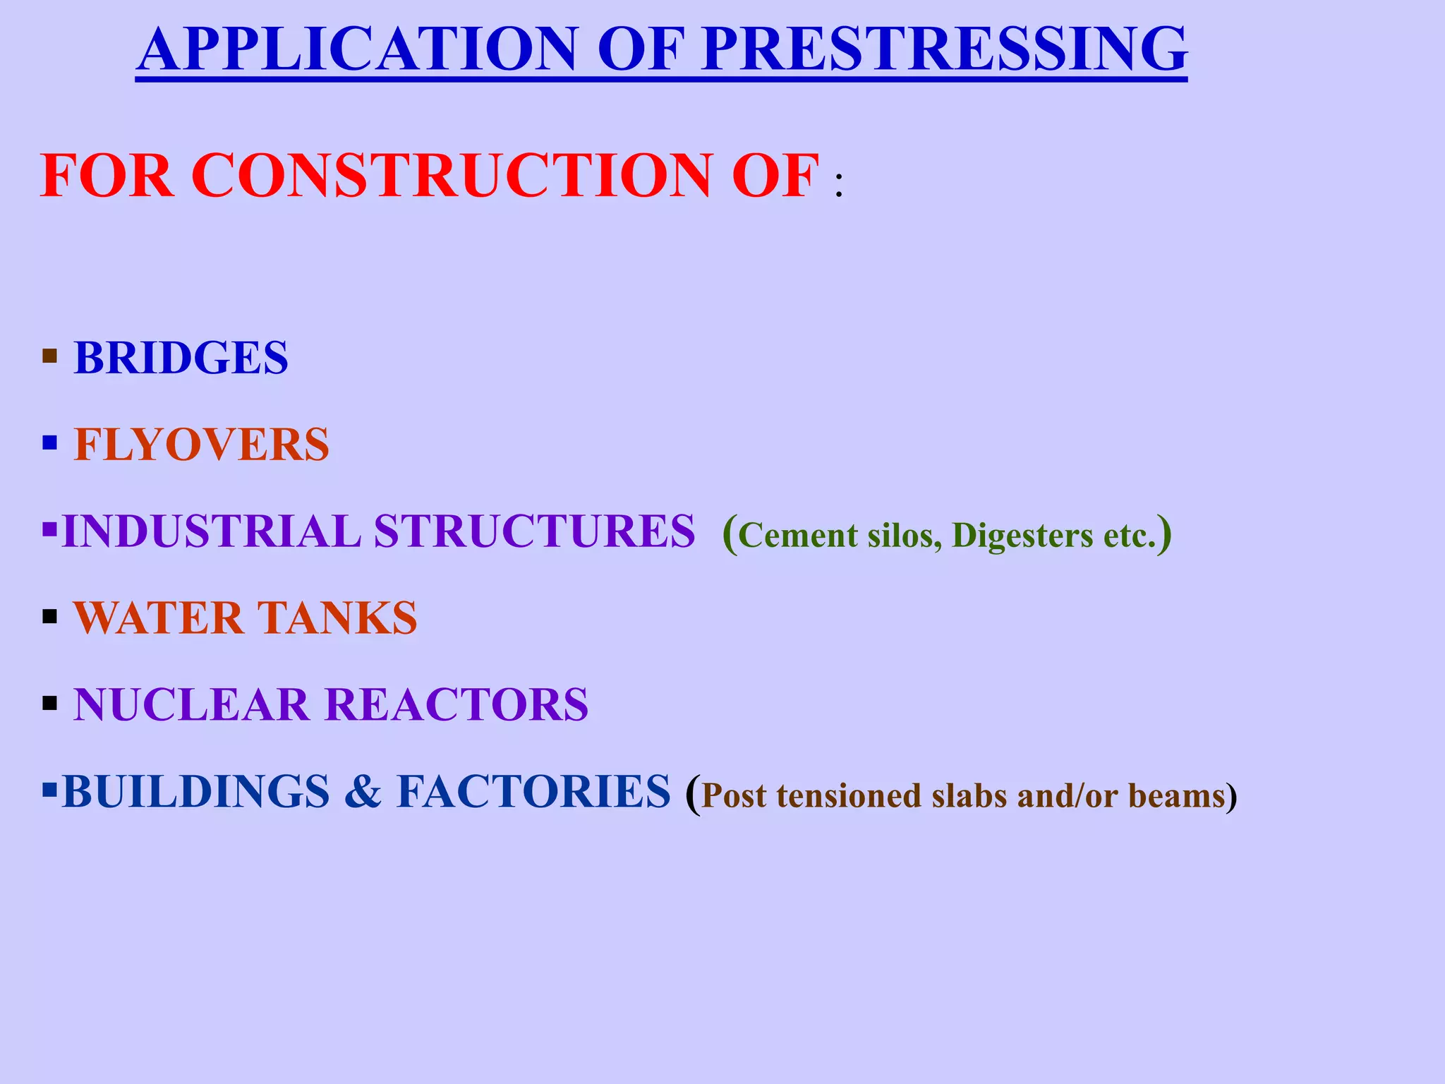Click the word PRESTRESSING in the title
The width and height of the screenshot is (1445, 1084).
(x=945, y=49)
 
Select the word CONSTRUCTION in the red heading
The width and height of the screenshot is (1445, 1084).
(x=452, y=176)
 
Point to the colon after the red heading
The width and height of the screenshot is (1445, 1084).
(x=838, y=185)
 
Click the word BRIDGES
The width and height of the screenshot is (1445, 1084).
(x=181, y=358)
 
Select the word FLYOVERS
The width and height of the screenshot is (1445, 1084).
(x=202, y=445)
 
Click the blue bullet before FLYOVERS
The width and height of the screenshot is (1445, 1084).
(x=49, y=442)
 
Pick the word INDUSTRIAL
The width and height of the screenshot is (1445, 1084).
(x=211, y=531)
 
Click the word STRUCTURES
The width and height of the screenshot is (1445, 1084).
(x=534, y=531)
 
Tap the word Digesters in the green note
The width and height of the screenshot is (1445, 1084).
(x=1022, y=536)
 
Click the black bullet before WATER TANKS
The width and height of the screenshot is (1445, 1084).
(x=49, y=616)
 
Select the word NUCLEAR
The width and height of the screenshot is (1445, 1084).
(x=191, y=705)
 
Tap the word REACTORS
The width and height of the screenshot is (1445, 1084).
(x=457, y=705)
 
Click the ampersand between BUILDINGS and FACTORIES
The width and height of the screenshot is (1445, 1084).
(x=363, y=792)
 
